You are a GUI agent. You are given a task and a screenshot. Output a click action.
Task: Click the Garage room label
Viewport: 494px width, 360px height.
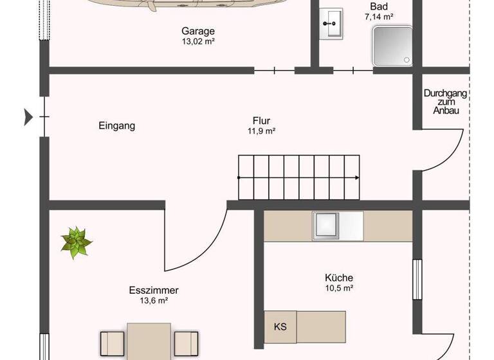(197, 31)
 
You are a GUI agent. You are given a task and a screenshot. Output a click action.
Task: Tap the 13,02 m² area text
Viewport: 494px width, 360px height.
(197, 41)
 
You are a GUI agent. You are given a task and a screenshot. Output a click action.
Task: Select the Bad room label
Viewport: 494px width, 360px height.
(379, 7)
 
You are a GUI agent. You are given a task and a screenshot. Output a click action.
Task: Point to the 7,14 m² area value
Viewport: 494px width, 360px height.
(379, 17)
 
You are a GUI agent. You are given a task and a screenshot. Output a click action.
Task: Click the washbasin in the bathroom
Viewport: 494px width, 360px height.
(333, 24)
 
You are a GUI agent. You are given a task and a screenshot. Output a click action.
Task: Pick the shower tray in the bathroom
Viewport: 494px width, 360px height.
(391, 46)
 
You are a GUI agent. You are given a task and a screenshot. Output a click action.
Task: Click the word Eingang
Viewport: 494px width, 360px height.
(117, 126)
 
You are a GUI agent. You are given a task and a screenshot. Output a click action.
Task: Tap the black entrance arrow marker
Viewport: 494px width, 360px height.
(28, 116)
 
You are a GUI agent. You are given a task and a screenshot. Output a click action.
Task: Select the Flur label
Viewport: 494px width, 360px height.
(261, 120)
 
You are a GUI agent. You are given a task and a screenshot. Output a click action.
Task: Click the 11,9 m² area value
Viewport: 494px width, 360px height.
(261, 130)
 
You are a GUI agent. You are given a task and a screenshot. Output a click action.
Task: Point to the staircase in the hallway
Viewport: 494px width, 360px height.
(298, 177)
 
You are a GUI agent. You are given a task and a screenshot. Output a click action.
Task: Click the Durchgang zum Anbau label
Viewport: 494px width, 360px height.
(445, 102)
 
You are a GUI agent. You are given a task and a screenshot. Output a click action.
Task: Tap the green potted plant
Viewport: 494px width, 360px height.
(77, 242)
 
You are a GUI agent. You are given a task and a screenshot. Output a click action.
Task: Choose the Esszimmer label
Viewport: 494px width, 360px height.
(154, 290)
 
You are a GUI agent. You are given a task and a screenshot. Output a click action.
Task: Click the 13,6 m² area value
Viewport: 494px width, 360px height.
(154, 300)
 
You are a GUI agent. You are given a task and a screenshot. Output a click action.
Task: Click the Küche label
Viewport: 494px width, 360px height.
(339, 278)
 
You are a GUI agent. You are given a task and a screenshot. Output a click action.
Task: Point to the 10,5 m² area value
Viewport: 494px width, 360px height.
(339, 288)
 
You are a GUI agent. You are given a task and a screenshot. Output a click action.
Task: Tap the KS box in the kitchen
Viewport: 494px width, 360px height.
(280, 327)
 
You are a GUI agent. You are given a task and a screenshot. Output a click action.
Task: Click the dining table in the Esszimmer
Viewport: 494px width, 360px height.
(149, 341)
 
